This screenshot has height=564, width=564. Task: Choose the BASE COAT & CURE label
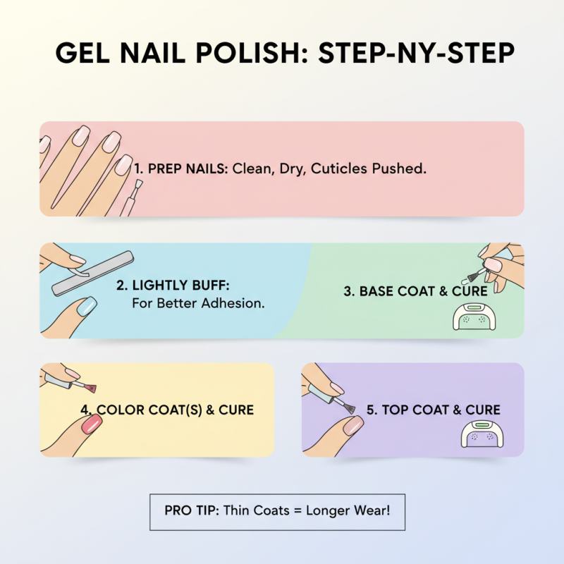[415, 291]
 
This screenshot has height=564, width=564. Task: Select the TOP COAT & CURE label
[443, 410]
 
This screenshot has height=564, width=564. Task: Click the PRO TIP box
[278, 511]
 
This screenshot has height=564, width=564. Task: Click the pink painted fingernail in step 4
[92, 424]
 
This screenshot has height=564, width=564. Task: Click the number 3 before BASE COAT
[348, 291]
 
